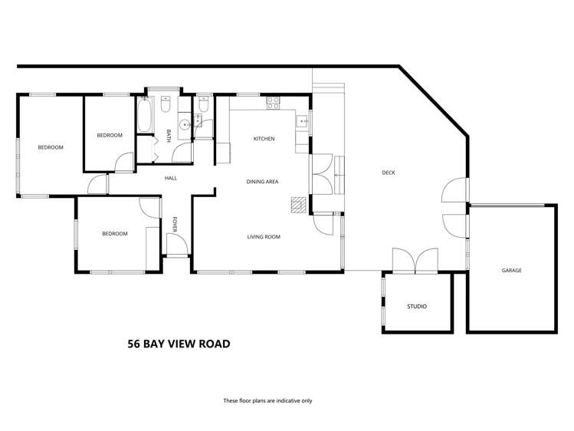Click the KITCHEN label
click(264, 139)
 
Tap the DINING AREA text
click(262, 182)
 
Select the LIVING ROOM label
click(264, 237)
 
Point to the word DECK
click(389, 173)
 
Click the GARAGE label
click(511, 270)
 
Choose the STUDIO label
click(416, 307)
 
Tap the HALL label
click(170, 179)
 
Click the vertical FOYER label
click(175, 224)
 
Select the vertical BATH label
click(168, 137)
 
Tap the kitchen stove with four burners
click(274, 102)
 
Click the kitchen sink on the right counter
click(302, 120)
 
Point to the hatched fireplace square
click(297, 203)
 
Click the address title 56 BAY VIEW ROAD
click(179, 344)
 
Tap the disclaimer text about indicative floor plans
click(267, 400)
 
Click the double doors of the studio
click(415, 261)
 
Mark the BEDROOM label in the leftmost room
click(51, 147)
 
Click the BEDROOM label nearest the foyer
click(115, 233)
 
